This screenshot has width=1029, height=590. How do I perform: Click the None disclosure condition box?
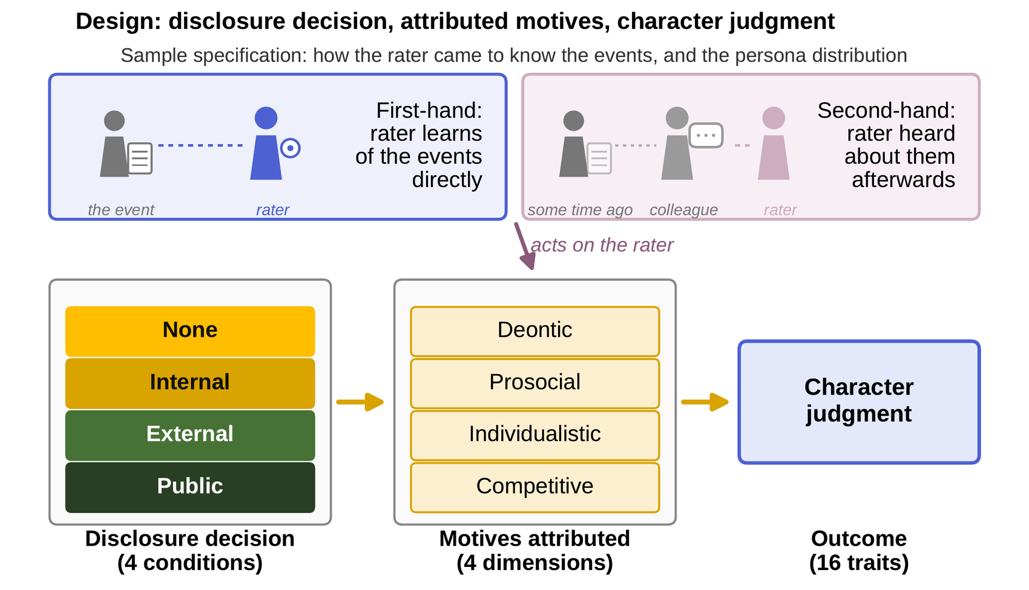tap(190, 332)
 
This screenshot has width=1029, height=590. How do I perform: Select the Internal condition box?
tap(190, 384)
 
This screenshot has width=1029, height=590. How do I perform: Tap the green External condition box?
tap(190, 435)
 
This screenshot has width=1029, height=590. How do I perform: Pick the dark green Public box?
tap(190, 487)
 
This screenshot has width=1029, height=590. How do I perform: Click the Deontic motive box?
tap(534, 332)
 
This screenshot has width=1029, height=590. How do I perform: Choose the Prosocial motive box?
tap(534, 384)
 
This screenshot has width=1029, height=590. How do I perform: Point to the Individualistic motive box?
tap(534, 435)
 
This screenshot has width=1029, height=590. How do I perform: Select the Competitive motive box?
tap(534, 487)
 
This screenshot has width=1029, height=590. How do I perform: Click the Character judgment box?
tap(859, 402)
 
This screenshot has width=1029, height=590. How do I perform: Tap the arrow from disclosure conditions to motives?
tap(360, 402)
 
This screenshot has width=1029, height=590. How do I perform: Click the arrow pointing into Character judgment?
tap(705, 402)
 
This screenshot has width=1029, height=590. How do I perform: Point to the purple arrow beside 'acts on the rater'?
tap(525, 246)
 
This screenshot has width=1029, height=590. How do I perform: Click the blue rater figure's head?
tap(266, 118)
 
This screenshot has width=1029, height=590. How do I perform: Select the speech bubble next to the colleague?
tap(706, 136)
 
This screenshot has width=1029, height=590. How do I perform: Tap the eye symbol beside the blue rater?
tap(291, 148)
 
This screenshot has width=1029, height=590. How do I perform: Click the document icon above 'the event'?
tap(140, 159)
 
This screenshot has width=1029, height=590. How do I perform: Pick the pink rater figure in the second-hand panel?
tap(774, 143)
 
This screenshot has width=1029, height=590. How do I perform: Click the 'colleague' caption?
tap(683, 210)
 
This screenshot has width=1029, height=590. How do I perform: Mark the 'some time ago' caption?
tap(580, 210)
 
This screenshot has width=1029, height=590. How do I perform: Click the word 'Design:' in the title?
tap(119, 22)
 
